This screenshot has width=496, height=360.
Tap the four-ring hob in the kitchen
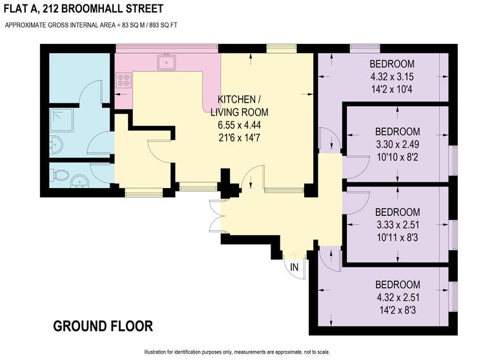pyautogui.click(x=123, y=81)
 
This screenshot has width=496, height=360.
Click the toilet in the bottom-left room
pyautogui.click(x=60, y=175)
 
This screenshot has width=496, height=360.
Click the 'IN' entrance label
pyautogui.click(x=294, y=267)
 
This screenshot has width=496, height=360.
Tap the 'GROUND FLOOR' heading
pyautogui.click(x=103, y=326)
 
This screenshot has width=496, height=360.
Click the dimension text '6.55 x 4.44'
pyautogui.click(x=239, y=124)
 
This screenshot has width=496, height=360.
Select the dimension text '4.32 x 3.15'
pyautogui.click(x=391, y=77)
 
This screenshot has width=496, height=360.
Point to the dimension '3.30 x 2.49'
pyautogui.click(x=398, y=143)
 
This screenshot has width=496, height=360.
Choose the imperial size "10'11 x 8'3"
pyautogui.click(x=398, y=237)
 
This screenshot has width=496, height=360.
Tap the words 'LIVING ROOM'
pyautogui.click(x=239, y=112)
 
